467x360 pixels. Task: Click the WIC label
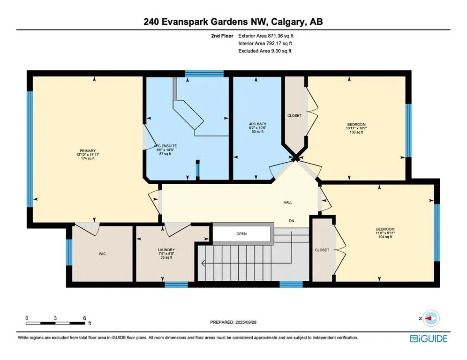click(102, 254)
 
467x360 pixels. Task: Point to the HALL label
click(287, 202)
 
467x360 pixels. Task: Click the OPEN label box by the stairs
click(241, 233)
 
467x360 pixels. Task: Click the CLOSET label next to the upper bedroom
click(294, 115)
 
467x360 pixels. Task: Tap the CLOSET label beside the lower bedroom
click(322, 250)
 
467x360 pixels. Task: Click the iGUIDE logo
click(428, 338)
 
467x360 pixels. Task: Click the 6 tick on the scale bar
click(84, 318)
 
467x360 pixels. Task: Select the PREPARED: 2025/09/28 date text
click(233, 322)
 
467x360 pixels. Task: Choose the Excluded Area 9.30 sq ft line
click(265, 51)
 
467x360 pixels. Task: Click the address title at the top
click(233, 22)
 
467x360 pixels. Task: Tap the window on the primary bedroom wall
click(30, 149)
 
